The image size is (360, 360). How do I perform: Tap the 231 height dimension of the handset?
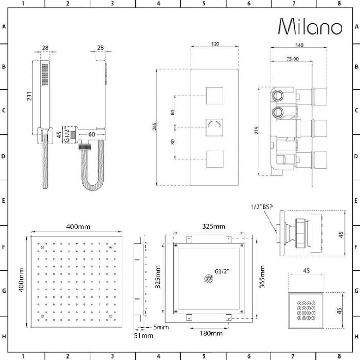click(30, 96)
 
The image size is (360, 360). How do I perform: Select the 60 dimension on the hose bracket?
click(91, 134)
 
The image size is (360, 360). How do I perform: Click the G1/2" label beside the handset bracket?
click(67, 135)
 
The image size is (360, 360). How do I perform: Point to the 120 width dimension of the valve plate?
click(215, 44)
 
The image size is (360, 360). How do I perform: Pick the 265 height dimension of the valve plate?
click(154, 126)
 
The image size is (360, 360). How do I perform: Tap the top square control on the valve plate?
click(215, 96)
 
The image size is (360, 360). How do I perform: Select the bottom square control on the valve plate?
click(215, 159)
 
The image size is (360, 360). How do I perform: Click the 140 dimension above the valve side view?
click(299, 45)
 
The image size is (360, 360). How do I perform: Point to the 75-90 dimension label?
click(292, 59)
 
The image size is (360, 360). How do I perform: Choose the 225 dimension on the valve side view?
click(257, 130)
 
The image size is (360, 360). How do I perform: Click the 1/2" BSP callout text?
click(262, 207)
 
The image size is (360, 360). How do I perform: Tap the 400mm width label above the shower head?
click(78, 227)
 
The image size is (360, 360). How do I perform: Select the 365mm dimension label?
click(262, 277)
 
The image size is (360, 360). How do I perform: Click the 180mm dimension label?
click(211, 333)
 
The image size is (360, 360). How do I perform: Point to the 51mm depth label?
click(144, 336)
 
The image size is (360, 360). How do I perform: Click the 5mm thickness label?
click(161, 327)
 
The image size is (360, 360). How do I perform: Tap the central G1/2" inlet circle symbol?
click(208, 279)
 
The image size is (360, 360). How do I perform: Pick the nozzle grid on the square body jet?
click(306, 311)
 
